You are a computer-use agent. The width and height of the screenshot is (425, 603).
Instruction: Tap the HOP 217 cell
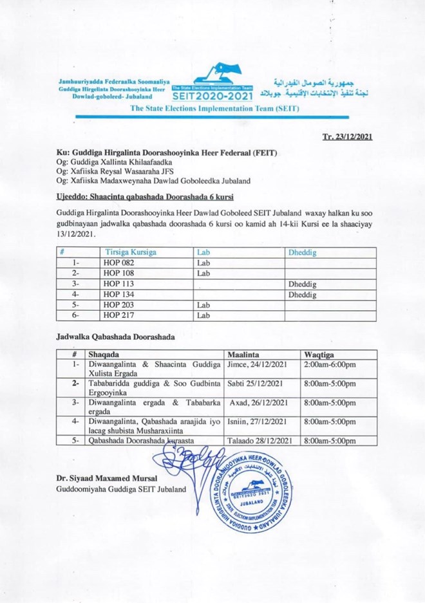[116, 316]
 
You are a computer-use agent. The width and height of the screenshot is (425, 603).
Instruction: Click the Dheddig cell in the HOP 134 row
[303, 295]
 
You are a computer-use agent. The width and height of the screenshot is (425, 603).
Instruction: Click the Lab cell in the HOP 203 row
[203, 306]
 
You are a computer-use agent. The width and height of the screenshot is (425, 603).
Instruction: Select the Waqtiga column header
[319, 355]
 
